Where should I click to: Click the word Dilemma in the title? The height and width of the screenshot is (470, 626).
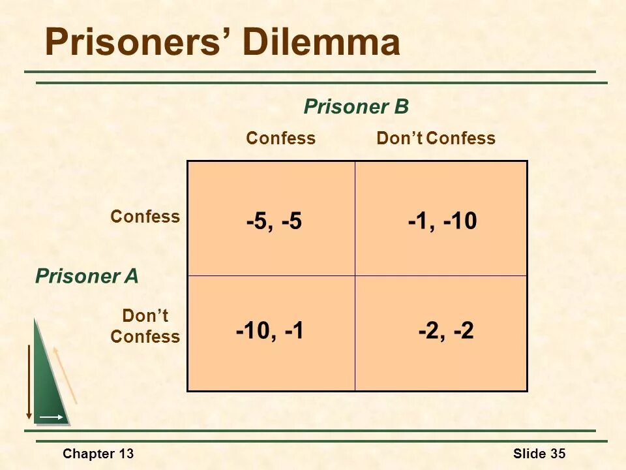pyautogui.click(x=321, y=43)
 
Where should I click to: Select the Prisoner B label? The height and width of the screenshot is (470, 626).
pyautogui.click(x=356, y=107)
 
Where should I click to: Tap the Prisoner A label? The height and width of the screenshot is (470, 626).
pyautogui.click(x=87, y=276)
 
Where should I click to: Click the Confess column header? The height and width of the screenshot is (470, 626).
pyautogui.click(x=280, y=138)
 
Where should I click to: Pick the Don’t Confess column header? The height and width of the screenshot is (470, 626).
pyautogui.click(x=436, y=138)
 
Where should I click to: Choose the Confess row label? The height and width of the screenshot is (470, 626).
pyautogui.click(x=145, y=217)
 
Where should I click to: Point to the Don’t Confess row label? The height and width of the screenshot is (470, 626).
pyautogui.click(x=145, y=326)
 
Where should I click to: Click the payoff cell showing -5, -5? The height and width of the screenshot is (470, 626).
pyautogui.click(x=274, y=222)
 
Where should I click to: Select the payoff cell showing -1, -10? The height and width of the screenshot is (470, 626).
pyautogui.click(x=443, y=222)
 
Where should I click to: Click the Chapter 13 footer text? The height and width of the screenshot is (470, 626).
pyautogui.click(x=98, y=454)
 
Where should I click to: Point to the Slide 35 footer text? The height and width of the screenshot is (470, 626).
pyautogui.click(x=539, y=454)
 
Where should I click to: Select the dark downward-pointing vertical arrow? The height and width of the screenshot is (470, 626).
pyautogui.click(x=29, y=382)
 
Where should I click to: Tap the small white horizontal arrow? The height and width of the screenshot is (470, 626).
pyautogui.click(x=52, y=416)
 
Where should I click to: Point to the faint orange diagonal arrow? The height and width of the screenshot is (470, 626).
pyautogui.click(x=65, y=375)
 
